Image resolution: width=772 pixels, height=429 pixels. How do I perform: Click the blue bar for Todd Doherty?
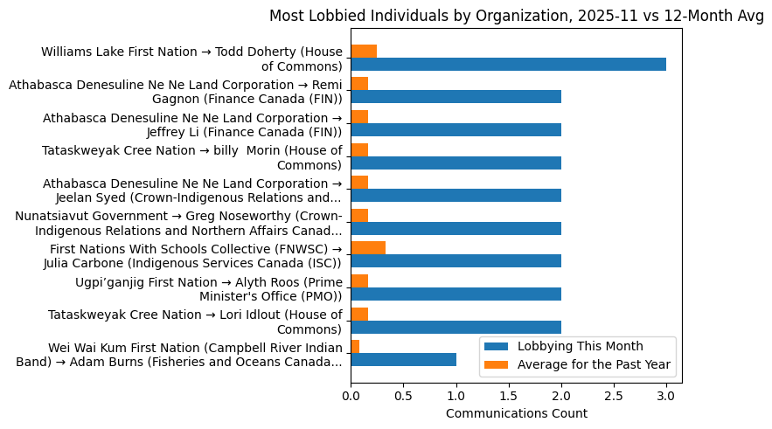coord(508,64)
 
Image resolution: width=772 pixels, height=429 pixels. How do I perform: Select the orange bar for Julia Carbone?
coord(368,248)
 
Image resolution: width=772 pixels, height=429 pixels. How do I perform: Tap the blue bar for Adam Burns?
coord(403,359)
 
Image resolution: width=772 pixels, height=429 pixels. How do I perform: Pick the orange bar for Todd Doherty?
coord(364,52)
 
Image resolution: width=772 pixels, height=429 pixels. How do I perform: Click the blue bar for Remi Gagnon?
coord(456,97)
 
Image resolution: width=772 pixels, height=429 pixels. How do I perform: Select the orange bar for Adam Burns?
coord(355,347)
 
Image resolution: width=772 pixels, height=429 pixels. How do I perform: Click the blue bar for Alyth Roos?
coord(456,294)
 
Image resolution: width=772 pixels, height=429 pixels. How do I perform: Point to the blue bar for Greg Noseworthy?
coord(456,228)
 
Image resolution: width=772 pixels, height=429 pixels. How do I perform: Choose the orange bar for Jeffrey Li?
coord(359,117)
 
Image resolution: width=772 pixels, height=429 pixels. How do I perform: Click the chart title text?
coord(516,16)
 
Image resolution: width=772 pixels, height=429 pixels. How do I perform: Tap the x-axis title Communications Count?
coord(516,413)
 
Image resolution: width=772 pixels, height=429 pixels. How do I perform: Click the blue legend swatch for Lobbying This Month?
coord(497,346)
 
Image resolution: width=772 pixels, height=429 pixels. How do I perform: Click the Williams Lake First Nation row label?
coord(191,59)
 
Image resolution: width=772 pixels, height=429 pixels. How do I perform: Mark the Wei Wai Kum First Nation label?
coord(179,354)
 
